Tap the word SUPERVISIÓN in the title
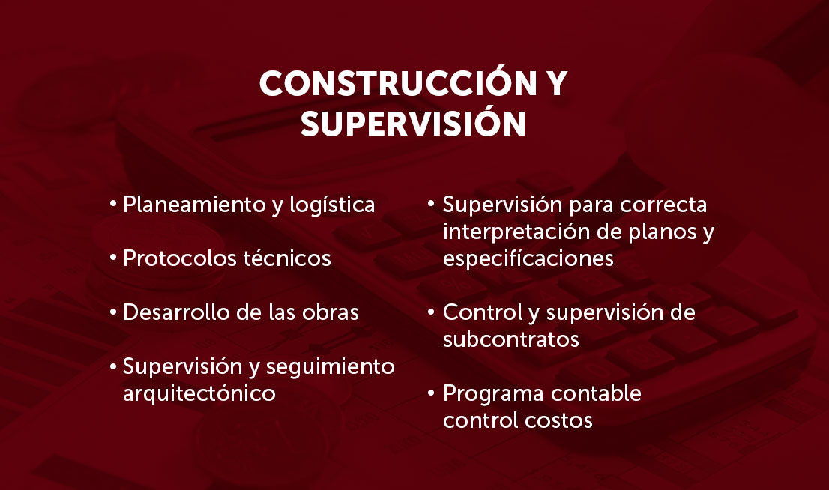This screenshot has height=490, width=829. (414, 123)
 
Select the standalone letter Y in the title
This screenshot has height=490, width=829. (555, 83)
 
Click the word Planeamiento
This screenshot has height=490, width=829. (195, 205)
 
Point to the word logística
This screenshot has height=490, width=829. (332, 205)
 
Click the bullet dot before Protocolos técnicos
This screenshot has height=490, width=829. (112, 258)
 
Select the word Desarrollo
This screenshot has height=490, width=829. (176, 312)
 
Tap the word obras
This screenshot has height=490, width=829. (331, 312)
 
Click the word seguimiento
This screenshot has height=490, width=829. (330, 367)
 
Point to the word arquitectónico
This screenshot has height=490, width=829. (199, 393)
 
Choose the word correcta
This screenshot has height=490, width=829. (663, 205)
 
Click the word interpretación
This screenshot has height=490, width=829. (516, 232)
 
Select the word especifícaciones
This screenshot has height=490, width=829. (528, 259)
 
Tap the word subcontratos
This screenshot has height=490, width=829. (510, 339)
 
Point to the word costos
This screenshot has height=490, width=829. (559, 421)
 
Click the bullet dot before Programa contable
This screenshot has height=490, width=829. (432, 393)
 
